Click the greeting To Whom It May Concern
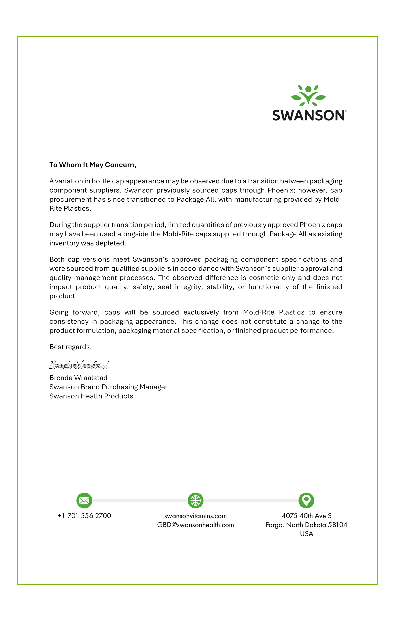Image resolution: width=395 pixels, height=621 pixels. [x=93, y=165]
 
